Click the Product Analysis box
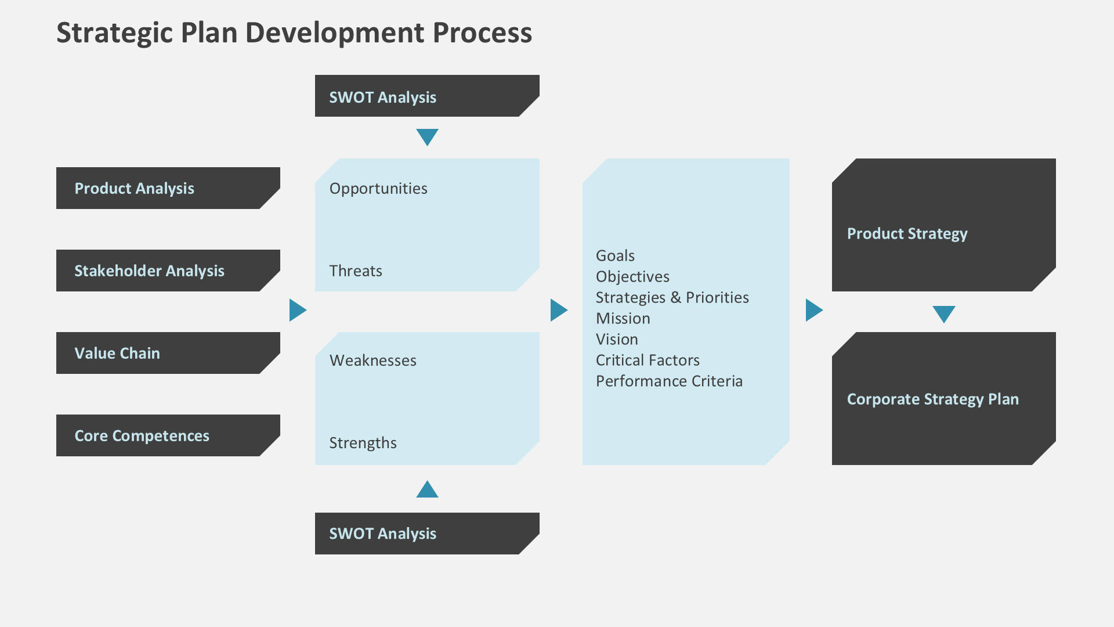click(x=168, y=188)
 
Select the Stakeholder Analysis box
click(x=168, y=271)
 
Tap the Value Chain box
click(x=168, y=353)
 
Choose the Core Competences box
click(x=168, y=435)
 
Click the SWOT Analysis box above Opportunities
click(x=426, y=96)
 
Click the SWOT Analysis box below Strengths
click(x=426, y=534)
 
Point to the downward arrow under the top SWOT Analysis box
click(x=427, y=136)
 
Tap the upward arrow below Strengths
click(x=427, y=490)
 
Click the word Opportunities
click(x=378, y=189)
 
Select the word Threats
click(x=356, y=271)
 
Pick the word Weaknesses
click(x=373, y=361)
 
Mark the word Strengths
click(x=363, y=443)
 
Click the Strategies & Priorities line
click(x=672, y=298)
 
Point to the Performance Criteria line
click(x=669, y=381)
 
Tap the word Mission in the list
click(x=623, y=319)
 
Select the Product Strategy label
click(x=907, y=234)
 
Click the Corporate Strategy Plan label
click(x=932, y=399)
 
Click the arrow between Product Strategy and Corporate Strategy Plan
click(x=943, y=313)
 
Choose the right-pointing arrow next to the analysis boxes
click(x=297, y=310)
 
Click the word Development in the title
click(x=335, y=33)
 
